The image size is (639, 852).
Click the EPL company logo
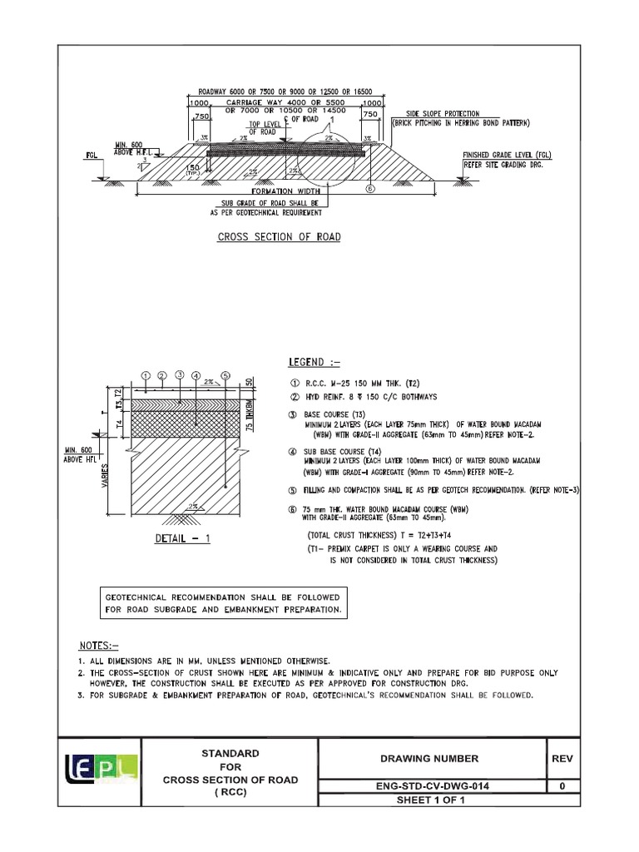pos(102,765)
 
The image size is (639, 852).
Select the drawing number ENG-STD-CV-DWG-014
pos(432,785)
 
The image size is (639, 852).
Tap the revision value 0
pos(563,785)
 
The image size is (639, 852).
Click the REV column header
pos(563,758)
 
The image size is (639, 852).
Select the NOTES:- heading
pos(99,645)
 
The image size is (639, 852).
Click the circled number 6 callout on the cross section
pos(369,190)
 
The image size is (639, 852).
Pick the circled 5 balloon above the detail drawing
pos(225,376)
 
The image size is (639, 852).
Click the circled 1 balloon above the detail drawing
pos(146,376)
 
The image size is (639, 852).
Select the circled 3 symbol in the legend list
pos(292,414)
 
